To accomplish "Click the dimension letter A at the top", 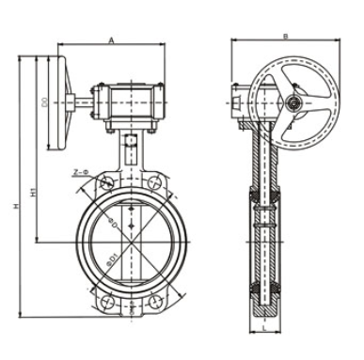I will [111, 40].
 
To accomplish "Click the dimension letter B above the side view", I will [285, 36].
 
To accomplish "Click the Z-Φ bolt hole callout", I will [79, 172].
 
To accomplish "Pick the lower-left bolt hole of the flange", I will [109, 303].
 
